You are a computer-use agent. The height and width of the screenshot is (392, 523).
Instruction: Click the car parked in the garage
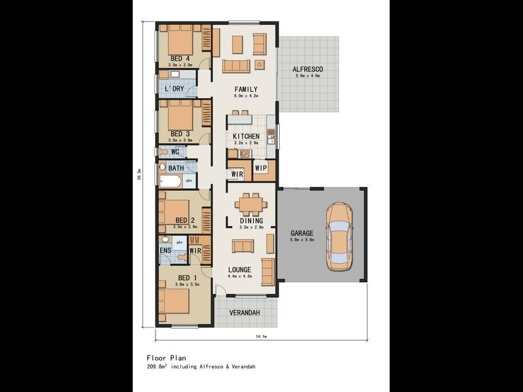[x=339, y=238]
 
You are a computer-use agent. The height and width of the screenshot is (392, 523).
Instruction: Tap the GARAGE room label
[x=301, y=233]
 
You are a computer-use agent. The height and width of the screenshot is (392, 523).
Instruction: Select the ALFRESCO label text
[x=307, y=69]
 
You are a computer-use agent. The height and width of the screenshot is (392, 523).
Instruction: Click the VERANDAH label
[x=245, y=313]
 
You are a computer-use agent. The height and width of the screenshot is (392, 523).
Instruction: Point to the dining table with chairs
[x=251, y=204]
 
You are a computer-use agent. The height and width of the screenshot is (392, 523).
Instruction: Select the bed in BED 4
[x=180, y=42]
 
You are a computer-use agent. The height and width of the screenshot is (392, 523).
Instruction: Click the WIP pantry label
[x=260, y=169]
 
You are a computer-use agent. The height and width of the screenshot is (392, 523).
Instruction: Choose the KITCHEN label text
[x=246, y=137]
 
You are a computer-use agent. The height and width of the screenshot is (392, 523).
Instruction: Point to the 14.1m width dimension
[x=261, y=336]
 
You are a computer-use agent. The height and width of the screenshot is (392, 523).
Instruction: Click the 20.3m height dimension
[x=139, y=175]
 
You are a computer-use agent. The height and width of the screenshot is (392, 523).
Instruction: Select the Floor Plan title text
[x=166, y=358]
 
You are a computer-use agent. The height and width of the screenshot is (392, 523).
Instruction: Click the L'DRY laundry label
[x=173, y=89]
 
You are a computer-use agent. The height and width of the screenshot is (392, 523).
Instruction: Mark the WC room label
[x=175, y=152]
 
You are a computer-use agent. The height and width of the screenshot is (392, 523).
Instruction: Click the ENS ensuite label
[x=165, y=250]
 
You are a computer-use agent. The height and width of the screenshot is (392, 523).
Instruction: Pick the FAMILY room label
[x=246, y=90]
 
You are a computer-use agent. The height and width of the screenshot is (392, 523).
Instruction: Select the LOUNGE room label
[x=240, y=270]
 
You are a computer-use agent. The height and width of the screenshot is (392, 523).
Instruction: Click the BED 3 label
[x=179, y=134]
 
